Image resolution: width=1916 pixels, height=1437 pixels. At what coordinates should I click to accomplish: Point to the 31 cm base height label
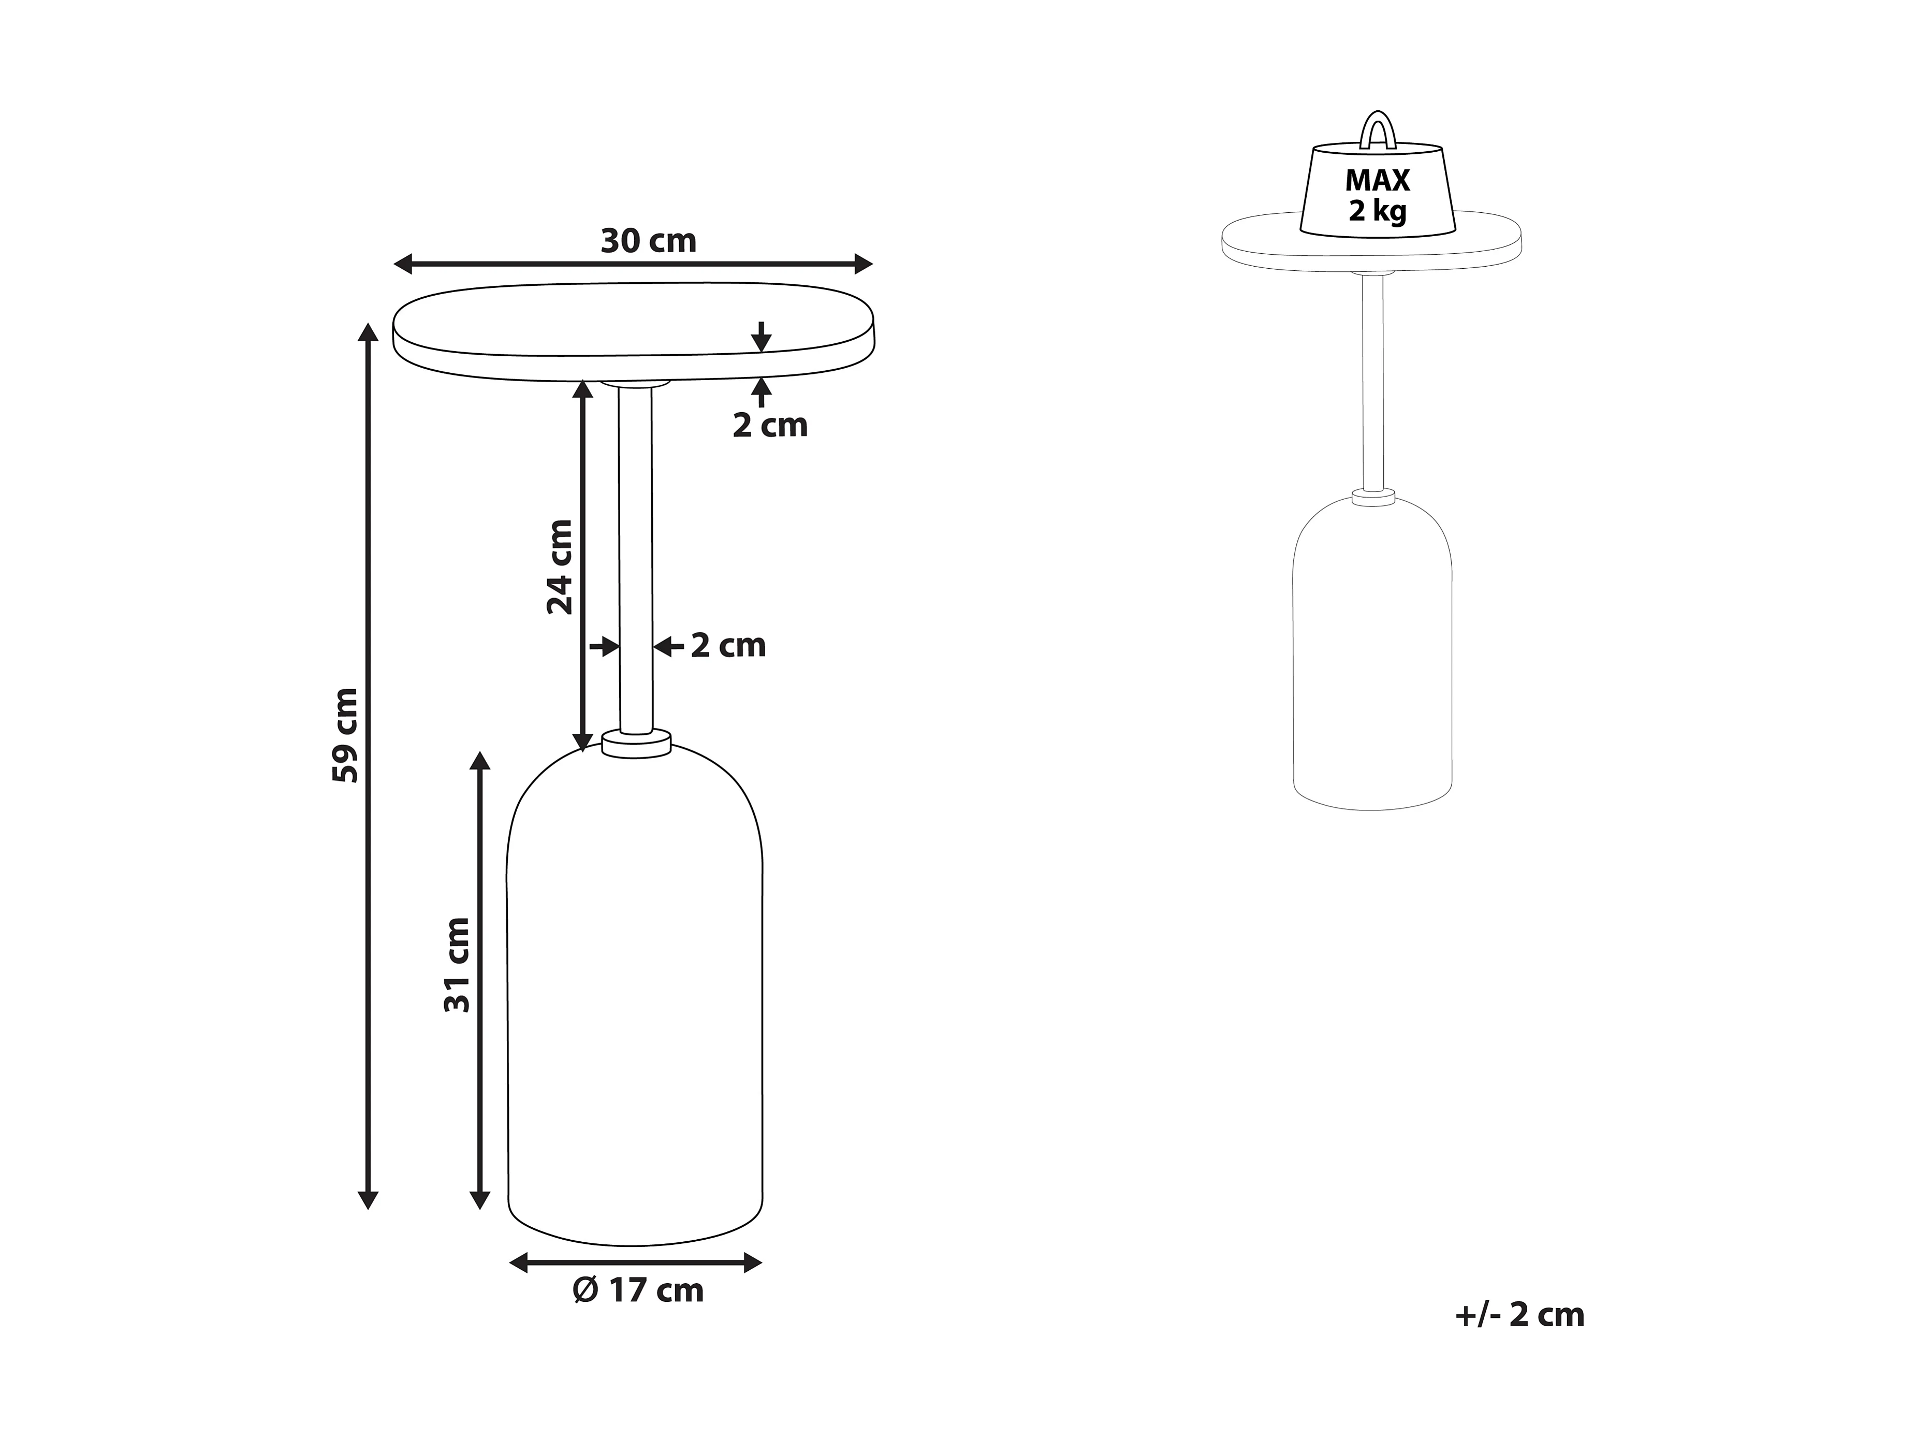[x=457, y=965]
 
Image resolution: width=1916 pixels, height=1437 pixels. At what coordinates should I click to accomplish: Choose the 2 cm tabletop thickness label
[x=770, y=425]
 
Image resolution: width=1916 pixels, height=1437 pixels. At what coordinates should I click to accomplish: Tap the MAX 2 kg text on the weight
[x=1377, y=195]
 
